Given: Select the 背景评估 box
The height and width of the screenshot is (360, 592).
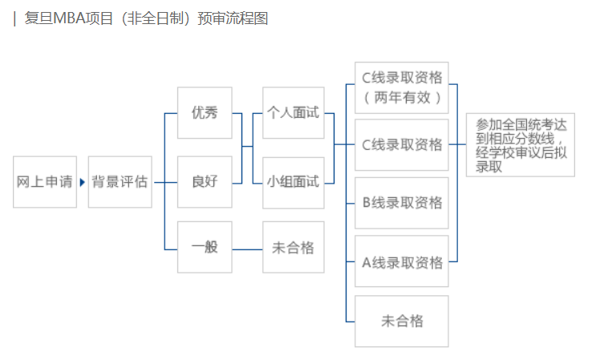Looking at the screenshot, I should (x=120, y=182).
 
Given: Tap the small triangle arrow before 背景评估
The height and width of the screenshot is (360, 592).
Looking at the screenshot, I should (x=82, y=182).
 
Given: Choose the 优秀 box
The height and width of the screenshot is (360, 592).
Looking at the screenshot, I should (x=205, y=113).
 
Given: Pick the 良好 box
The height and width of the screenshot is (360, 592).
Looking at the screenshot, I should (x=205, y=182).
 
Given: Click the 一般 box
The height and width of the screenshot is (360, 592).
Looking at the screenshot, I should (x=205, y=247).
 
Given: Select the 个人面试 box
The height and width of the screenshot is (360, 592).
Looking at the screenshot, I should (x=293, y=113).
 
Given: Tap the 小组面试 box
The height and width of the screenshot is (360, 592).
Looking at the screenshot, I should (x=293, y=182).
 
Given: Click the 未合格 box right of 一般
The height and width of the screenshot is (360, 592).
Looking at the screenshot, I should (x=293, y=247).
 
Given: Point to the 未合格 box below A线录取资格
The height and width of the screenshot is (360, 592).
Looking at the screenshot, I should (x=402, y=322).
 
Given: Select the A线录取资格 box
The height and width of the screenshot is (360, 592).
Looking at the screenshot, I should (x=402, y=262).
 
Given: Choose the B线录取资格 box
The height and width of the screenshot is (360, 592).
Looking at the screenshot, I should (x=402, y=203).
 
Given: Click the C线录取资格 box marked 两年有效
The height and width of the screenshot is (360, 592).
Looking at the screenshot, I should (x=402, y=87).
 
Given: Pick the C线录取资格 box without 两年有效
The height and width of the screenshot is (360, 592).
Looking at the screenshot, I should (x=402, y=145).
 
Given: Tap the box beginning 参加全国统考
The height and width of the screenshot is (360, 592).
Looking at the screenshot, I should (x=521, y=146).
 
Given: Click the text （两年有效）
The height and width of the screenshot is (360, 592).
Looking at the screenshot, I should (x=402, y=98).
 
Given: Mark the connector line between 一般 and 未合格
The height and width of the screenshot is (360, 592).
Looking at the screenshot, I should (x=247, y=248).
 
